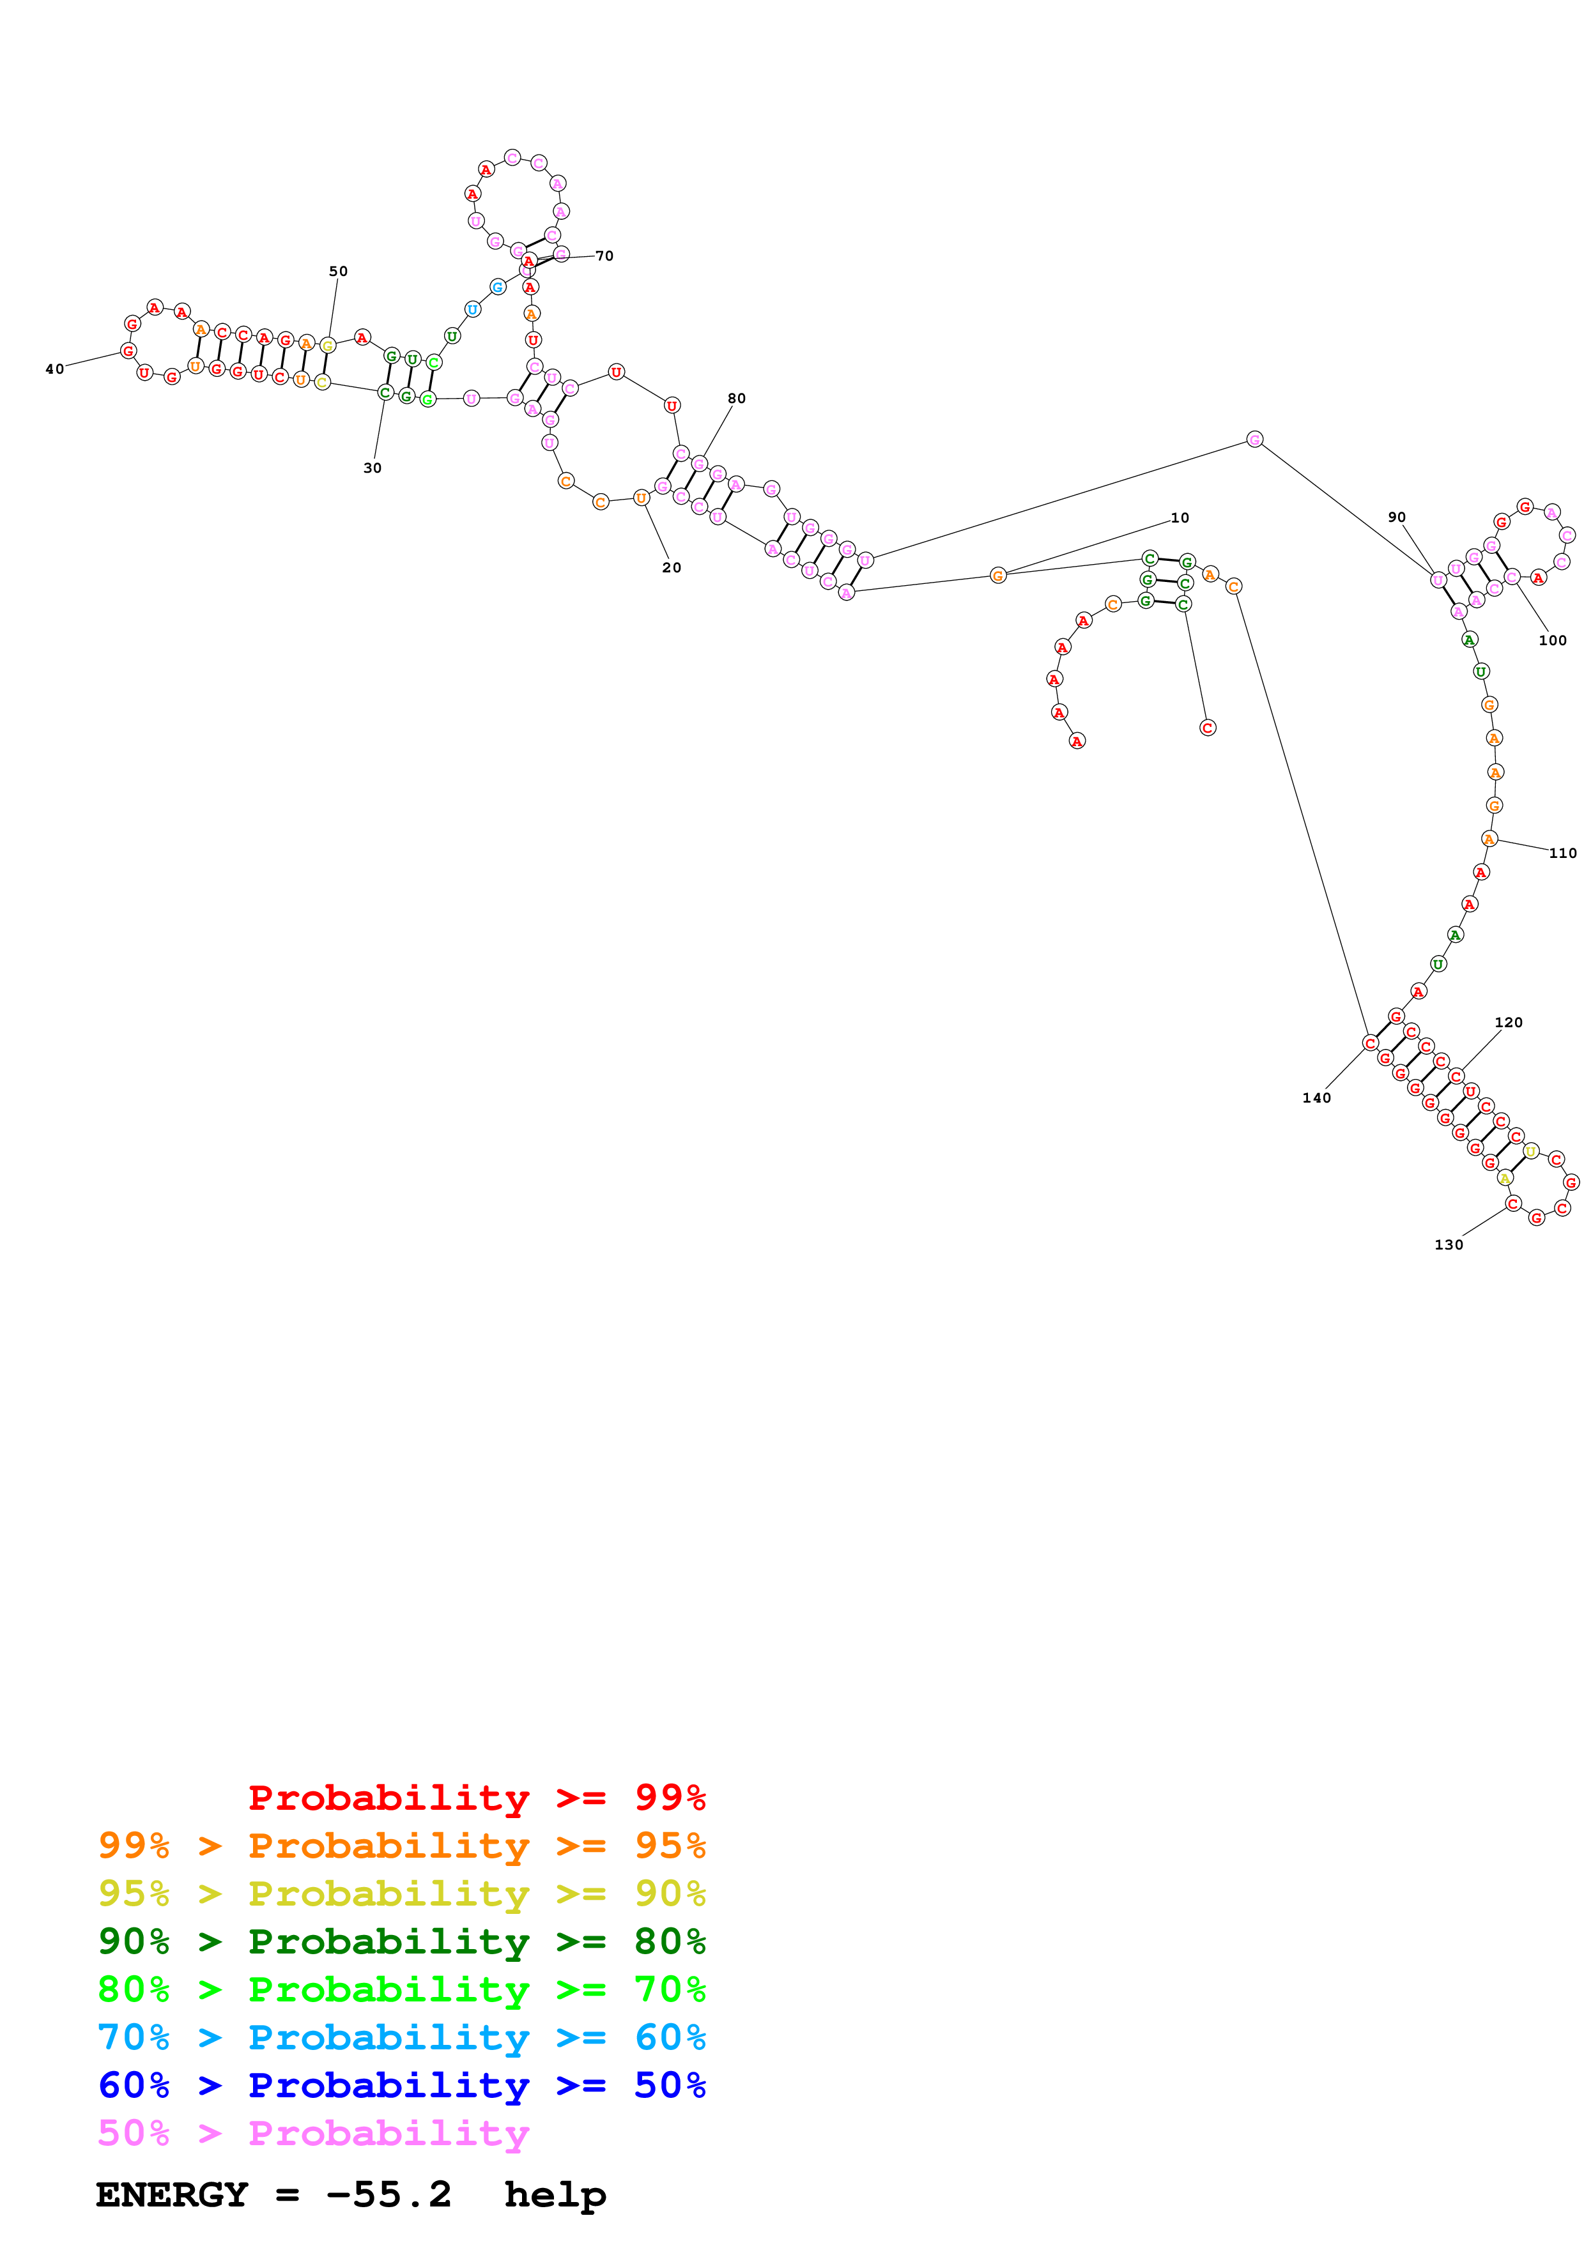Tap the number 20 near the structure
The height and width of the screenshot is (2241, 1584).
672,568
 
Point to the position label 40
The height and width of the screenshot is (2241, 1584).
55,370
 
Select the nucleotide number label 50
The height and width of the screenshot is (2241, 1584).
337,272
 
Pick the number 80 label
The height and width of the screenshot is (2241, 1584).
736,398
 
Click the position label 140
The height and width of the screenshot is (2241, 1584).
1316,1099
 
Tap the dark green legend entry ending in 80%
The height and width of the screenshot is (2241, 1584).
401,1942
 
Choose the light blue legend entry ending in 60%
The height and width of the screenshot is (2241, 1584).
401,2038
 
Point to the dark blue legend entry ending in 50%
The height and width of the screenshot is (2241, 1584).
401,2086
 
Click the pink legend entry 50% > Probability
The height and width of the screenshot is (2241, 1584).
313,2134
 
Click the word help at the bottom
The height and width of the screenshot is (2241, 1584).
555,2195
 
